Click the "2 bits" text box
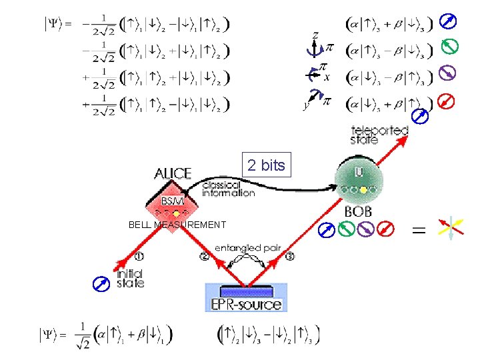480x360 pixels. pos(265,165)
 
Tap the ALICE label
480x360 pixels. pos(173,174)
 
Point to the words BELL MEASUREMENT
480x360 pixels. pos(177,225)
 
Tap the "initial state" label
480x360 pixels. pos(130,278)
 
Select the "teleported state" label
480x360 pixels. pos(379,134)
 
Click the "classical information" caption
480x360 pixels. pos(228,189)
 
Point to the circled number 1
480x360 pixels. pos(139,256)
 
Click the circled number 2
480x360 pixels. pos(203,257)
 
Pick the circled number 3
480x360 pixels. pos(289,257)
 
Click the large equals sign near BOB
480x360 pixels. pos(419,231)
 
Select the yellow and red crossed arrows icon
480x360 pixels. pos(451,229)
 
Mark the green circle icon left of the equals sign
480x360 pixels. pos(345,230)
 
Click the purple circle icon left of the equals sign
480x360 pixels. pos(365,230)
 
